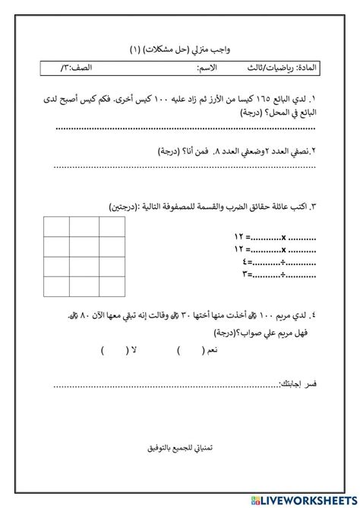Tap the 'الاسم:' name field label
tap(207, 69)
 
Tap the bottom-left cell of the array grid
tap(57, 286)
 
